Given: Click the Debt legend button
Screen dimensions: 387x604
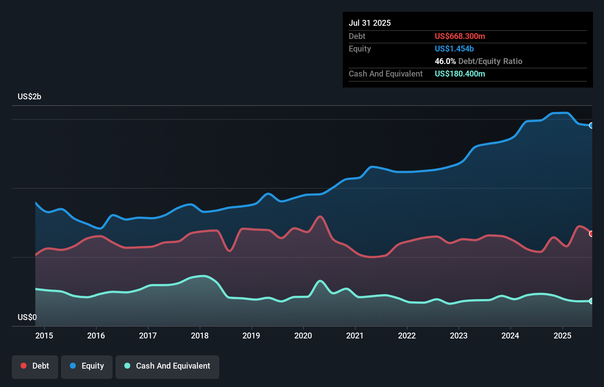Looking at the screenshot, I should (35, 366).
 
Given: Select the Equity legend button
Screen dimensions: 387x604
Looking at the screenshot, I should (87, 366).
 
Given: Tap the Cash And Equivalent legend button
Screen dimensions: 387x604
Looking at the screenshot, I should (167, 366).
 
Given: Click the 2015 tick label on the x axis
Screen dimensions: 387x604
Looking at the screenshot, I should (44, 335).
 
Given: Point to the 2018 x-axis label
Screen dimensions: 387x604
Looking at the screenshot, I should (200, 335).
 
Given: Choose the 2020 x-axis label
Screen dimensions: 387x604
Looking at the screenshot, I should (303, 335).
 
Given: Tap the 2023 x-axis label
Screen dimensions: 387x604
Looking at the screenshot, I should (459, 335).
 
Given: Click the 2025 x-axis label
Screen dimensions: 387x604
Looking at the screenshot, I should (562, 335).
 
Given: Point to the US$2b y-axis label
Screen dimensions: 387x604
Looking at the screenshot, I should (29, 97).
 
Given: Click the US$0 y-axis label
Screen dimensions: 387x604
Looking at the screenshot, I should (27, 317).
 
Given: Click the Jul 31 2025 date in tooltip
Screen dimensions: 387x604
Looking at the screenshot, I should (370, 23).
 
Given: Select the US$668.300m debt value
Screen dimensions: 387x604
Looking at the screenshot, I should (460, 36).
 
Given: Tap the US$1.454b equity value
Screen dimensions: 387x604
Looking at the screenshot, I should (454, 49).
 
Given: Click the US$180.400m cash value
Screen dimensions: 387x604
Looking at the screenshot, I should (460, 74).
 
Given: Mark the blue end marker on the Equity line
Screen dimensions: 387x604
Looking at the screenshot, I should (591, 125).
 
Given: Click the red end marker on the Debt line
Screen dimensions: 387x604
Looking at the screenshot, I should (591, 234).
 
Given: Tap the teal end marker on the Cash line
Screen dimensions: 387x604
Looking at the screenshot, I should (591, 301).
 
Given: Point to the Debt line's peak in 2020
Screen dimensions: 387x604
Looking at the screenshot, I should (320, 216).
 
